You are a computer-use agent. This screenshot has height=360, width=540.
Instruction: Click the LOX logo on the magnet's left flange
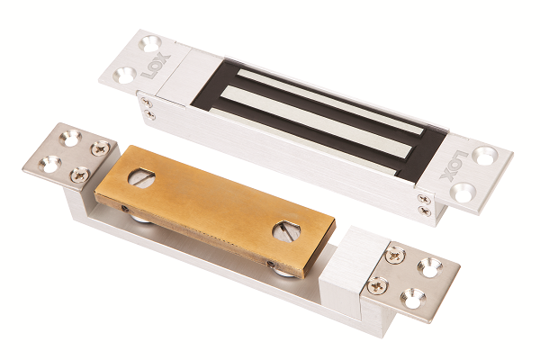pyautogui.click(x=156, y=66)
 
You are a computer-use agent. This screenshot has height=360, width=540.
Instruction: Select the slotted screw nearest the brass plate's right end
pyautogui.click(x=286, y=231)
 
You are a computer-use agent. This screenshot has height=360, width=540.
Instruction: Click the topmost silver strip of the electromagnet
pyautogui.click(x=329, y=102)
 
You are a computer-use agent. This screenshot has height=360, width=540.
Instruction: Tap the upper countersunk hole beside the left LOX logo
pyautogui.click(x=149, y=43)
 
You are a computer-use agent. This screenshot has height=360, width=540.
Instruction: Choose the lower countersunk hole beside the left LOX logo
pyautogui.click(x=124, y=75)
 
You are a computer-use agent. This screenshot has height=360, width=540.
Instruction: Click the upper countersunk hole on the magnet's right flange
pyautogui.click(x=485, y=156)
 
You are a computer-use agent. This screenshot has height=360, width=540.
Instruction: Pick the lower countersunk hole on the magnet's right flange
pyautogui.click(x=463, y=192)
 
